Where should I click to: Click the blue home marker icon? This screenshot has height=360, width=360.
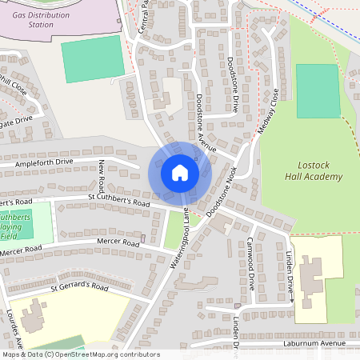tap(179, 173)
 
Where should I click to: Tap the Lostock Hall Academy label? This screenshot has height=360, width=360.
tap(309, 170)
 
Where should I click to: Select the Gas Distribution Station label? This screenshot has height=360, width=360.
tap(41, 19)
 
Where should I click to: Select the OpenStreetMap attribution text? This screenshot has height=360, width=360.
tap(80, 354)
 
